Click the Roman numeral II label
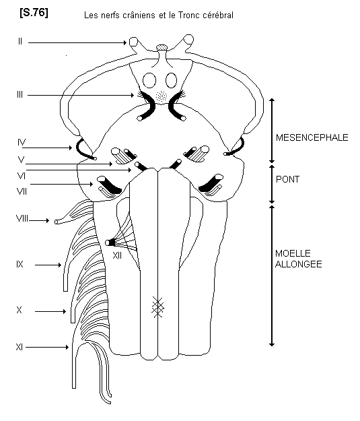(20, 41)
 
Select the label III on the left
(20, 94)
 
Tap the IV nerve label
(22, 142)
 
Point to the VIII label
(22, 218)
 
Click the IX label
(20, 264)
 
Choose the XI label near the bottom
(20, 347)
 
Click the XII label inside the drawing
(117, 255)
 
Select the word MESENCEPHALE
(312, 137)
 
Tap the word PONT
(287, 179)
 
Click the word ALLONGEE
(299, 264)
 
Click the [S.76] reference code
(34, 13)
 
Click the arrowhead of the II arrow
(125, 42)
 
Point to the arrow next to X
(50, 311)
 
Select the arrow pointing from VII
(62, 184)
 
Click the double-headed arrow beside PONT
(272, 184)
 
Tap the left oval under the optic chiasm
(149, 80)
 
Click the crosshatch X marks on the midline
(158, 307)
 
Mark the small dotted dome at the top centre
(161, 48)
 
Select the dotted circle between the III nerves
(161, 96)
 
